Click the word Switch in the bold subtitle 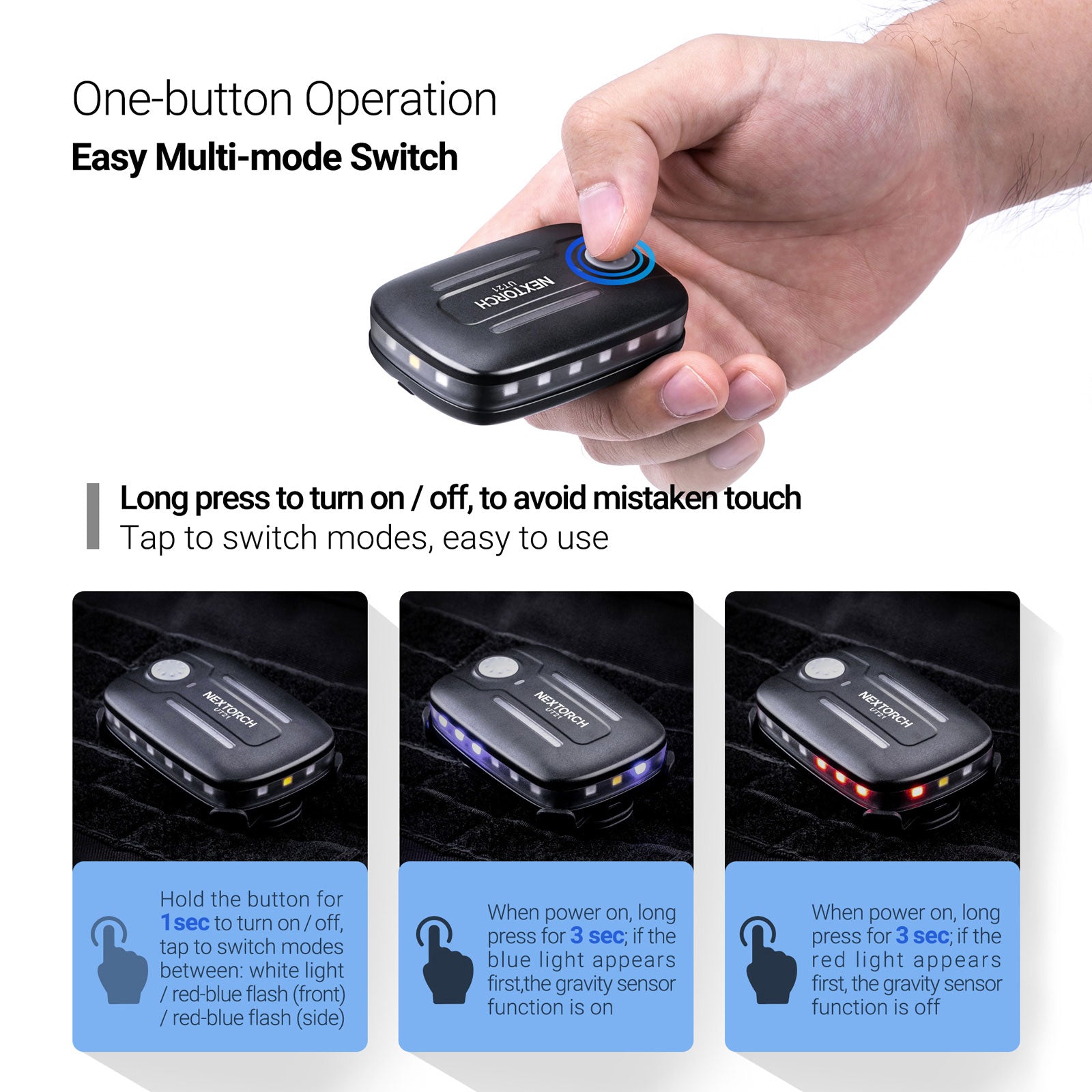pyautogui.click(x=403, y=158)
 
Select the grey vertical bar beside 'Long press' pyautogui.click(x=93, y=516)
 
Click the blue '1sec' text pyautogui.click(x=184, y=923)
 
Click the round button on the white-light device pyautogui.click(x=169, y=670)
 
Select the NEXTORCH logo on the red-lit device pyautogui.click(x=885, y=709)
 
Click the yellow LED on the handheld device pyautogui.click(x=412, y=359)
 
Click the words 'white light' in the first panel pyautogui.click(x=297, y=971)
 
